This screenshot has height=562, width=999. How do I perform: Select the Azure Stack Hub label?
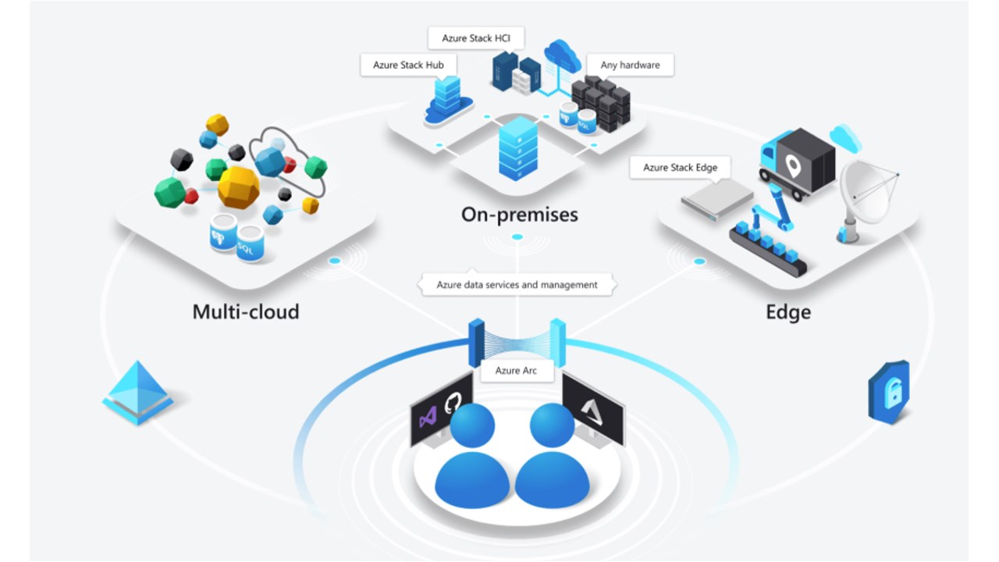point(408,65)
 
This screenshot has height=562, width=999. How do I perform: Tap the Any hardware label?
point(630,65)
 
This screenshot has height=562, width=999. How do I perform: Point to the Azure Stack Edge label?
point(680,167)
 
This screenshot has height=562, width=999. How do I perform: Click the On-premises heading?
point(519,214)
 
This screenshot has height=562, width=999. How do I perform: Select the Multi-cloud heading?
point(246,312)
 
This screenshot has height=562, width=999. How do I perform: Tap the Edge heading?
point(787,312)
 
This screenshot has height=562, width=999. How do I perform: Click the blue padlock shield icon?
point(889,391)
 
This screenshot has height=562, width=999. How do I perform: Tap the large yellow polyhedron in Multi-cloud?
point(238,187)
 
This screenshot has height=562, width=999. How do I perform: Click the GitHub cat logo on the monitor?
point(453,404)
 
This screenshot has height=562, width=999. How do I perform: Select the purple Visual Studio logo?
point(428,418)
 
